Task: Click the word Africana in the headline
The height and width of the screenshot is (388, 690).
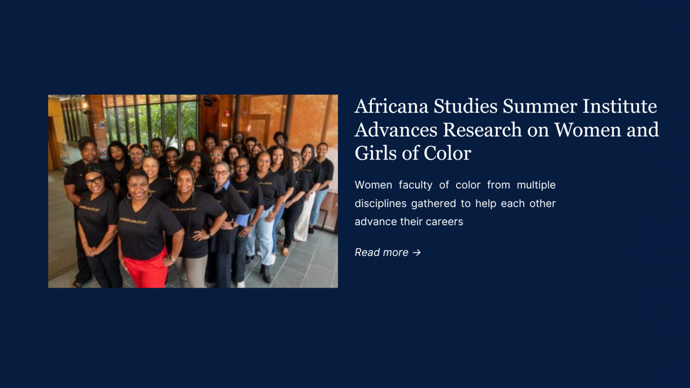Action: coord(391,106)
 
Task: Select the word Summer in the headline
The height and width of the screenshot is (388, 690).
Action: coord(540,106)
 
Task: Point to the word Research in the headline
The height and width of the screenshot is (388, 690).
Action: coord(482,129)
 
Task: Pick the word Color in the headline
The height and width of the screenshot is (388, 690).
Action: coord(447,153)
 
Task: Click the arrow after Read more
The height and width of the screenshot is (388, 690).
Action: coord(417,252)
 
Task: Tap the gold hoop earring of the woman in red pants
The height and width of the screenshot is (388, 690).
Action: coord(149,193)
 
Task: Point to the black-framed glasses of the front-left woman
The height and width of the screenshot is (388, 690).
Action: coord(93,181)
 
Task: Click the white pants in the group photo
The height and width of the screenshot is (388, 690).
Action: coord(303,217)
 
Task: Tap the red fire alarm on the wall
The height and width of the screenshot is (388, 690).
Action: coord(227,113)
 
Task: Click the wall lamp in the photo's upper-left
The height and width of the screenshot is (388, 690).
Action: coord(85,106)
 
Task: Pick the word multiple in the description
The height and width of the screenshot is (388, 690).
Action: coord(536,185)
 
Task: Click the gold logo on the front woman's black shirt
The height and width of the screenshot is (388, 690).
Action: coord(133,221)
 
